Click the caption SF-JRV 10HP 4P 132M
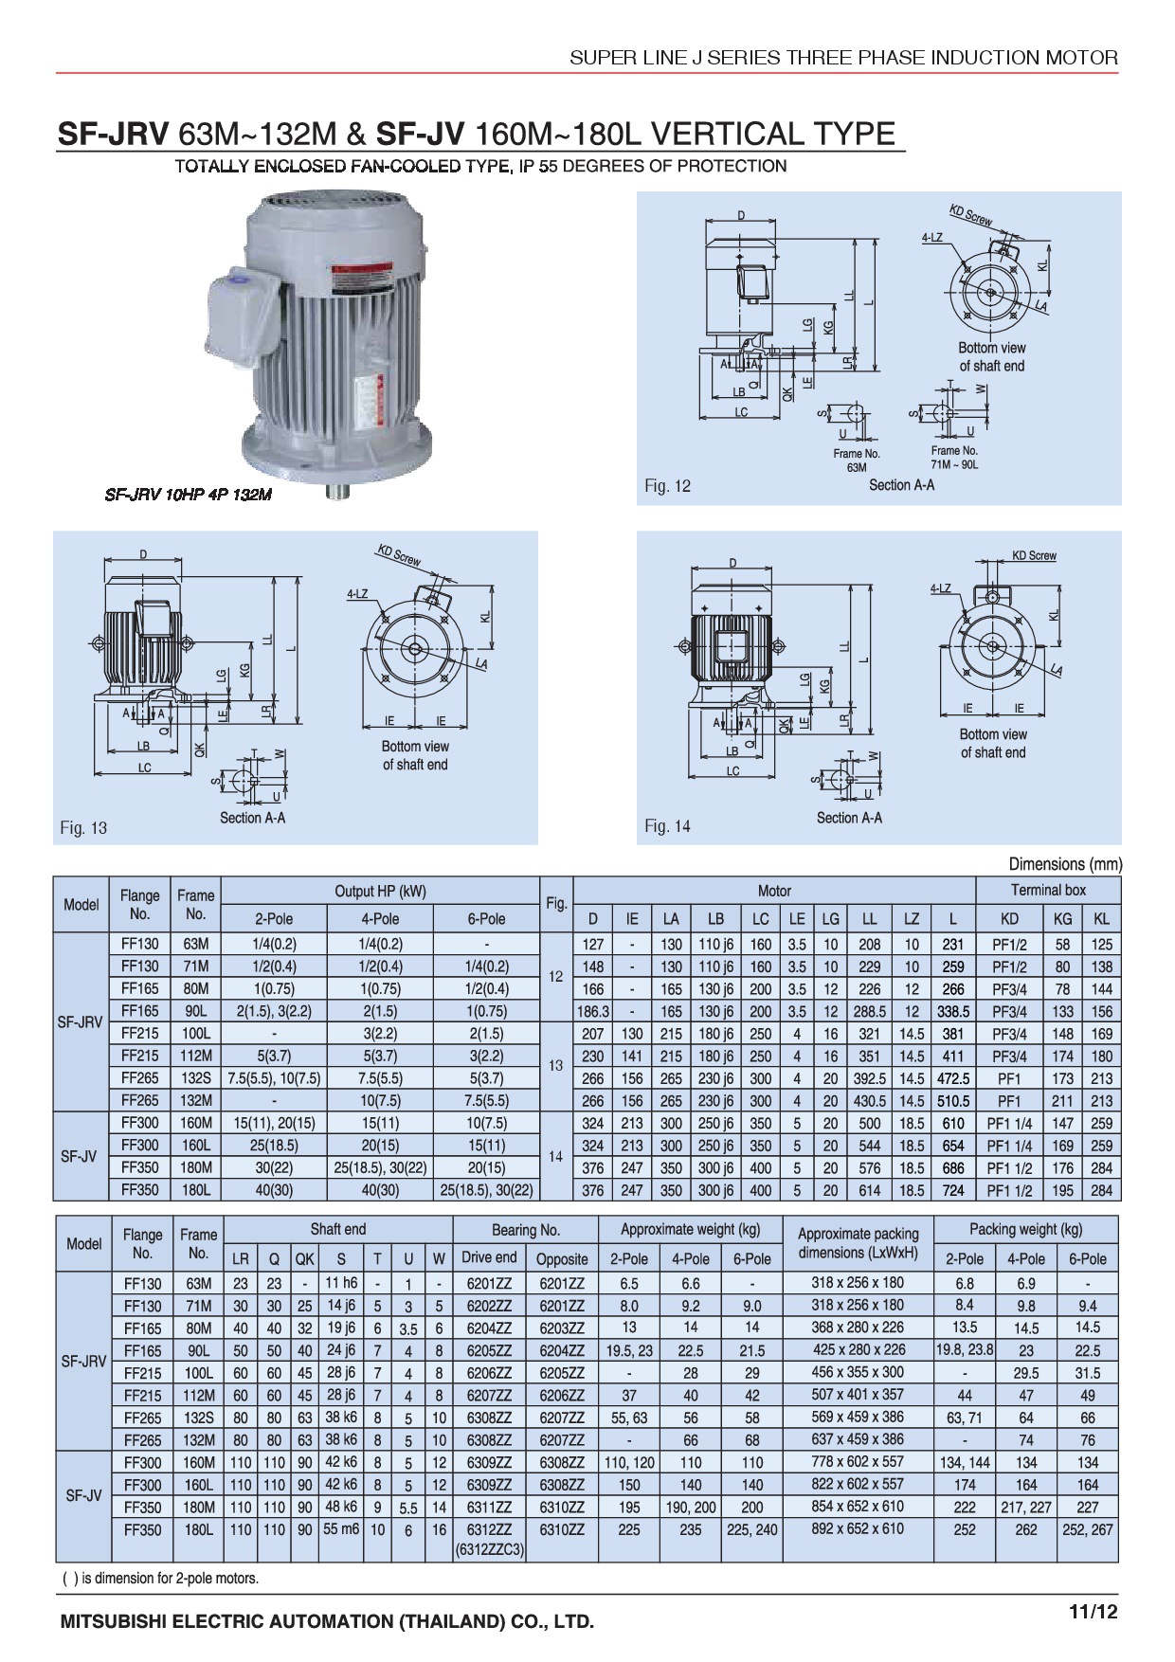pyautogui.click(x=188, y=495)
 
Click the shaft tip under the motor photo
pyautogui.click(x=337, y=491)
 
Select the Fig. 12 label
pyautogui.click(x=667, y=486)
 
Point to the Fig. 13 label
pyautogui.click(x=83, y=828)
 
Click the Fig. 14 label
pyautogui.click(x=667, y=826)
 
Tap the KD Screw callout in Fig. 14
pyautogui.click(x=1034, y=556)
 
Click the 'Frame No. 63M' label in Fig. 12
pyautogui.click(x=857, y=460)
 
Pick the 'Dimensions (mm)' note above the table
pyautogui.click(x=1065, y=864)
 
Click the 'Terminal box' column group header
pyautogui.click(x=1048, y=890)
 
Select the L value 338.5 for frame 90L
pyautogui.click(x=953, y=1012)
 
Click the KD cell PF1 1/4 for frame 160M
pyautogui.click(x=1009, y=1124)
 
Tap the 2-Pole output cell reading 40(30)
pyautogui.click(x=273, y=1190)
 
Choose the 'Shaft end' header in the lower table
pyautogui.click(x=338, y=1229)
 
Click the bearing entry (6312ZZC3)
pyautogui.click(x=489, y=1550)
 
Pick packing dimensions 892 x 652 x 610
pyautogui.click(x=858, y=1528)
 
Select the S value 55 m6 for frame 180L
pyautogui.click(x=341, y=1528)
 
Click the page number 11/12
pyautogui.click(x=1093, y=1613)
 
